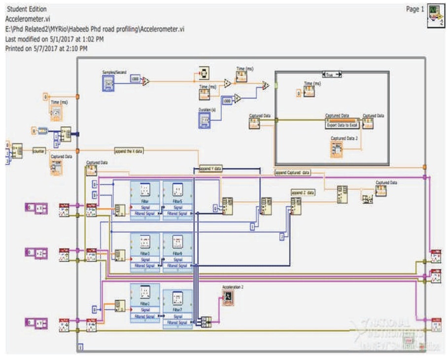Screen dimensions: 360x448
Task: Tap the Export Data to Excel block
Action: coord(342,125)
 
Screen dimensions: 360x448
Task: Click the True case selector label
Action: coord(331,74)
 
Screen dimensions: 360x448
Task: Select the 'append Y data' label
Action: coord(210,169)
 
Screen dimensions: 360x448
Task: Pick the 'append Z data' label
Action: coord(303,193)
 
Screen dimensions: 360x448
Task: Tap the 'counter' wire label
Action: coord(39,151)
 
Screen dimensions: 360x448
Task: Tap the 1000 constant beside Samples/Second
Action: coord(135,79)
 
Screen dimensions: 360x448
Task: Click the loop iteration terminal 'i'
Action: coord(81,348)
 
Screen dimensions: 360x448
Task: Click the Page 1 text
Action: coord(414,9)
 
